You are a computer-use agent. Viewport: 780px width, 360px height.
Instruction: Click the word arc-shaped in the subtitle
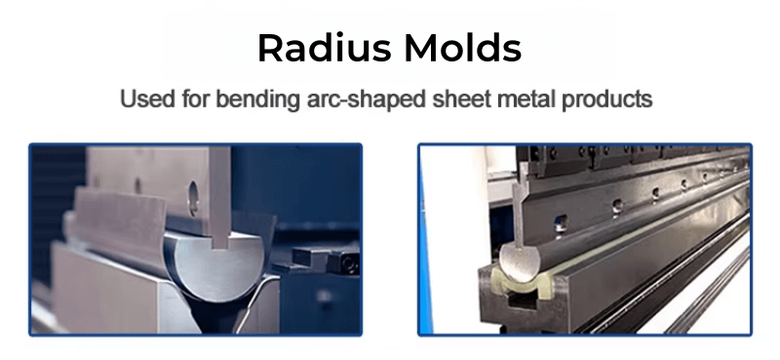click(x=349, y=100)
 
